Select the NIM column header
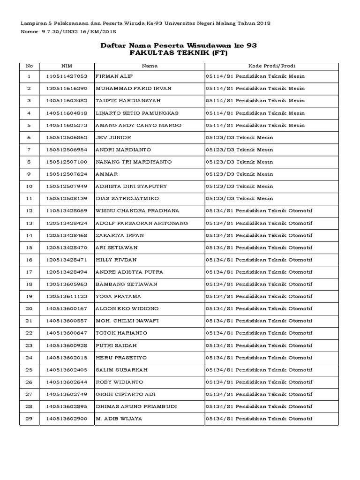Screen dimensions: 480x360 pyautogui.click(x=67, y=66)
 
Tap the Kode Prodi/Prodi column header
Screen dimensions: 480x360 pyautogui.click(x=271, y=66)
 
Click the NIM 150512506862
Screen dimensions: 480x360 pyautogui.click(x=67, y=137)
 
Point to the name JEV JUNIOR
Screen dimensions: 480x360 pyautogui.click(x=113, y=137)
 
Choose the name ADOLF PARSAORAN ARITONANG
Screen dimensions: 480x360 pyautogui.click(x=142, y=223)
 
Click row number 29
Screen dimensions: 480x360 pyautogui.click(x=29, y=419)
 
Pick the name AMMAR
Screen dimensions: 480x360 pyautogui.click(x=107, y=174)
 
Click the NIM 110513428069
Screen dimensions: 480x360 pyautogui.click(x=67, y=211)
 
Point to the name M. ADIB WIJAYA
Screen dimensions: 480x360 pyautogui.click(x=119, y=419)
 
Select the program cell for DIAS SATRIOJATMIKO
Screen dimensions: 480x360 pyautogui.click(x=239, y=199)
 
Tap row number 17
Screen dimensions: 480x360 pyautogui.click(x=29, y=272)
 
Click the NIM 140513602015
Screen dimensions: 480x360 pyautogui.click(x=67, y=357)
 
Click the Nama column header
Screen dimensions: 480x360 pyautogui.click(x=150, y=66)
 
